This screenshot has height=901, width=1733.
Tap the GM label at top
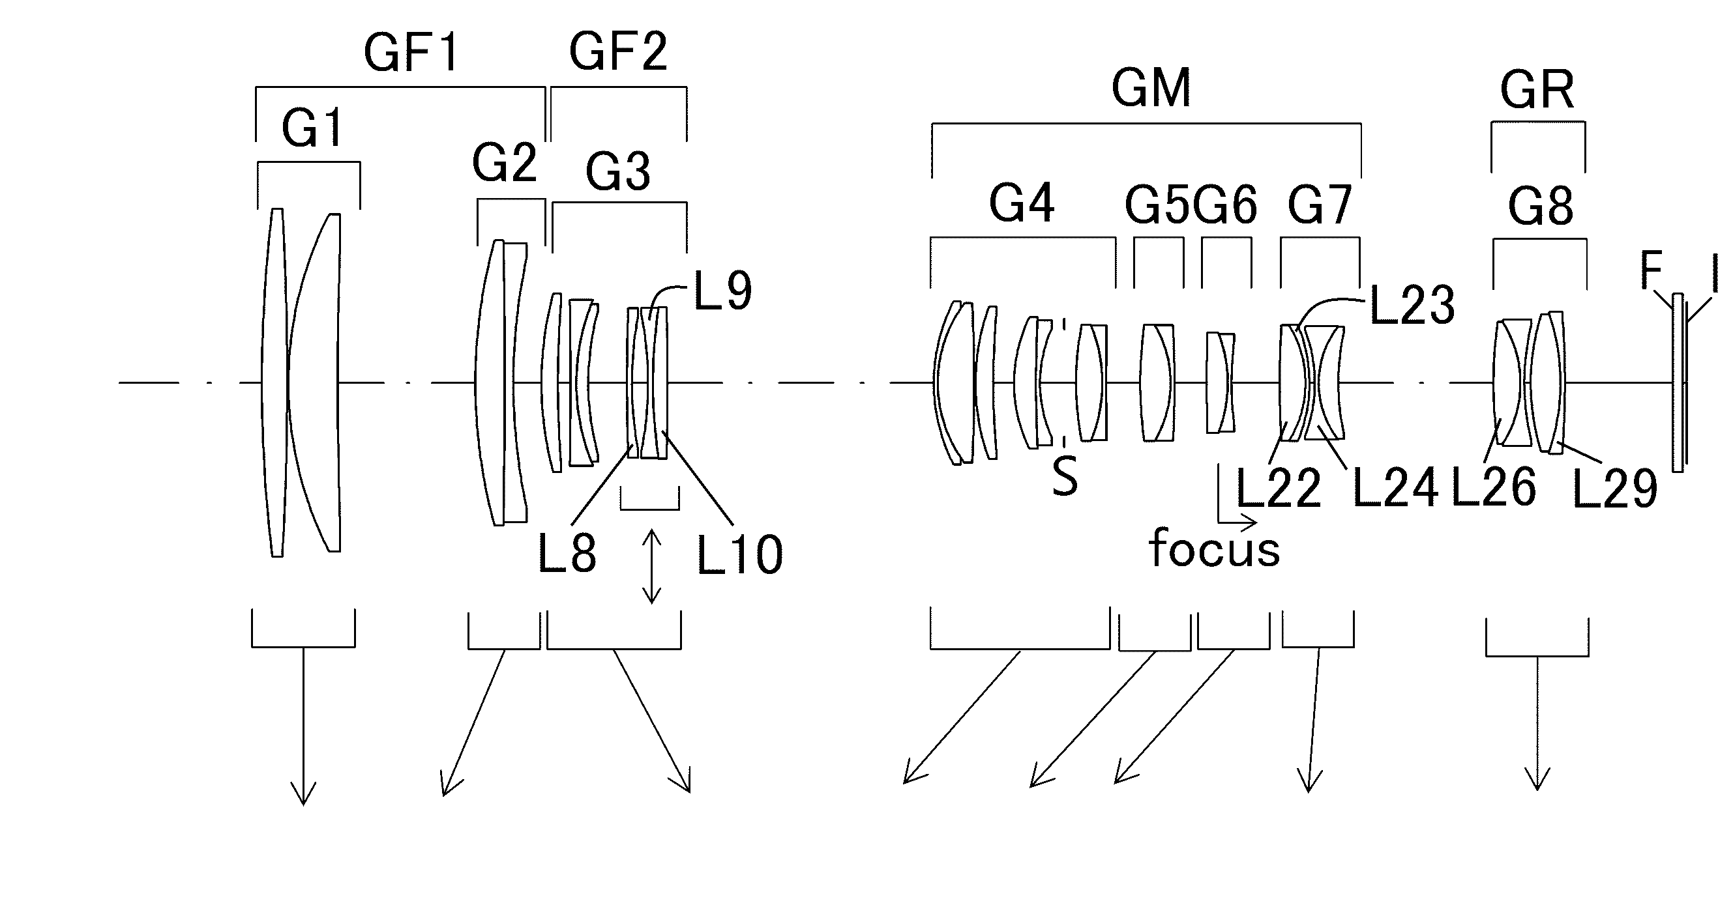(1151, 89)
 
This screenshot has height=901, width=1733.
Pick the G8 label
(1541, 207)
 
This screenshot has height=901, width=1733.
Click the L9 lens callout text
(722, 292)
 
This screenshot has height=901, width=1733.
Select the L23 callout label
(1412, 306)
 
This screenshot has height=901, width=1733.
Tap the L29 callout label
(1614, 489)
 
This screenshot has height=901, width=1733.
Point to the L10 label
(740, 556)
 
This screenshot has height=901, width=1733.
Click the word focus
(1214, 548)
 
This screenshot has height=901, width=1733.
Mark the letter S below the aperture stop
(1065, 476)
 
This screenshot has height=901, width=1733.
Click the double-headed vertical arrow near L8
(651, 566)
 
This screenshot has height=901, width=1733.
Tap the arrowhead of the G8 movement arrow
(1538, 778)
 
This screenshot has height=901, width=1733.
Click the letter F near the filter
(1652, 270)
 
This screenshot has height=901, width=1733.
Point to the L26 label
(1494, 487)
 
